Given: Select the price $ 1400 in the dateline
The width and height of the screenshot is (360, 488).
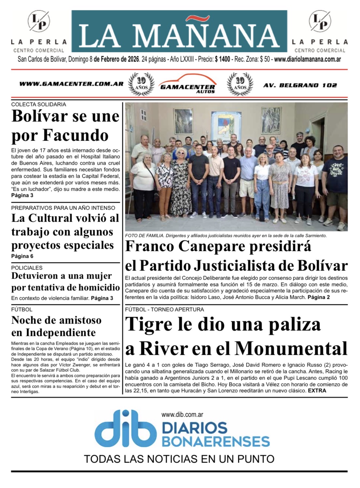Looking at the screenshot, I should [222, 60].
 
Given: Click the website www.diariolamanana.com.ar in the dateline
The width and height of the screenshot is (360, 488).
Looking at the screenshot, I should [308, 60].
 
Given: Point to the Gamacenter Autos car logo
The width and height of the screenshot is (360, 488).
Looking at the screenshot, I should [187, 84].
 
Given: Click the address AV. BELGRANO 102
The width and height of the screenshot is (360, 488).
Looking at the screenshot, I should [300, 85].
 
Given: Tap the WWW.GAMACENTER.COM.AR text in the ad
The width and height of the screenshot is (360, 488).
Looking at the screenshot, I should [71, 84].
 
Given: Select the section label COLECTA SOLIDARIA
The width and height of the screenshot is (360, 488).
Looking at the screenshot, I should [38, 105].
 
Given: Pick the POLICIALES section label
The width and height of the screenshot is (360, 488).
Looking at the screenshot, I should [27, 268].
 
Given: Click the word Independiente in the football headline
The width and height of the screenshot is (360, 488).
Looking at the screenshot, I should [61, 333].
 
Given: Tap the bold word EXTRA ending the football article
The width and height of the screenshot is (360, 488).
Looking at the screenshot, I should [317, 391].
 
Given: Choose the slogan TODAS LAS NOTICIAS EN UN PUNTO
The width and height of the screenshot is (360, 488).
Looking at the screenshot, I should [179, 459].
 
